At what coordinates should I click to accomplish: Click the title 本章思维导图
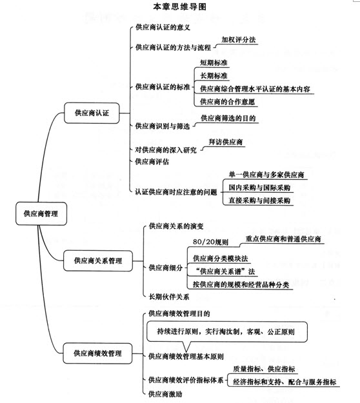179,6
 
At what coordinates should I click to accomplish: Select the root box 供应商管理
41,213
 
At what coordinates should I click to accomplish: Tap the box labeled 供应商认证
92,113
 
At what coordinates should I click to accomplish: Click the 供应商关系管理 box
98,260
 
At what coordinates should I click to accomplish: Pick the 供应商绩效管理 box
97,353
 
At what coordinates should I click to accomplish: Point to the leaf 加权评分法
239,39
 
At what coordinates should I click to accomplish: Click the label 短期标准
214,63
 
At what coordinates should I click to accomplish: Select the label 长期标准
214,75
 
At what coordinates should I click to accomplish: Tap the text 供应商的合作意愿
228,102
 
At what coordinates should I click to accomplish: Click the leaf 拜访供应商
226,142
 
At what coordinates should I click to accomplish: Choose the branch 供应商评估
152,162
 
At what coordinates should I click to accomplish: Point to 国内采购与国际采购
259,188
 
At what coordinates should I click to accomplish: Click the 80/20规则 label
210,242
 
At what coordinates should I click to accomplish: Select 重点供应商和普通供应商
283,239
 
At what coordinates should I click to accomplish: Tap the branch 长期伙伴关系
169,297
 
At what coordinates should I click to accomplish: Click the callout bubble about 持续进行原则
227,331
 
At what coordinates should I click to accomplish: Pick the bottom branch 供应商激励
165,394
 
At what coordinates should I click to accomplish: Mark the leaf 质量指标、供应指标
264,369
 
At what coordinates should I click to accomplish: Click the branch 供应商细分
166,268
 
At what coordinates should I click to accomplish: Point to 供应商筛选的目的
228,118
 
